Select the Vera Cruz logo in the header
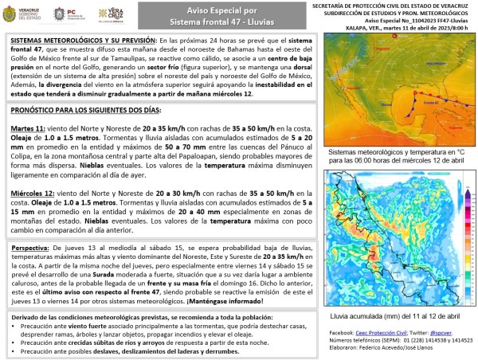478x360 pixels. [110, 14]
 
